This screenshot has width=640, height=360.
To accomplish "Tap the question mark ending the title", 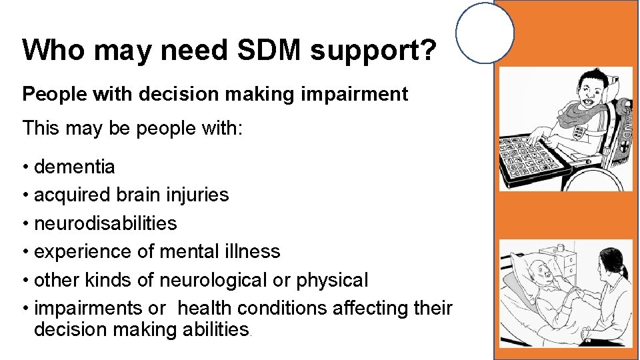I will pyautogui.click(x=427, y=51).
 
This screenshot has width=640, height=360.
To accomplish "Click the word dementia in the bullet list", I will pyautogui.click(x=74, y=167).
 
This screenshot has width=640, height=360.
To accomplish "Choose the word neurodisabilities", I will pyautogui.click(x=105, y=223).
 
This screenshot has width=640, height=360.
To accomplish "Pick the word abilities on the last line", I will pyautogui.click(x=213, y=330).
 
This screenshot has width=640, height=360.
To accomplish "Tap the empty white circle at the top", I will pyautogui.click(x=485, y=32).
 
